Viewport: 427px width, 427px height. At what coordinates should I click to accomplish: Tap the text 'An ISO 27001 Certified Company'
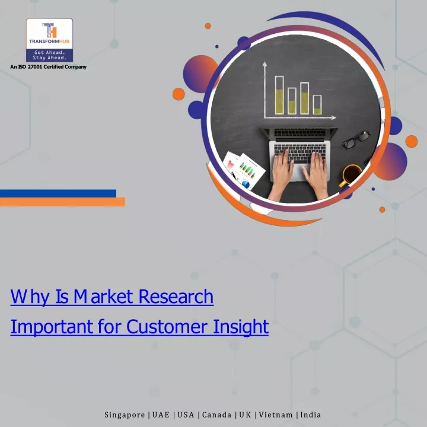click(48, 66)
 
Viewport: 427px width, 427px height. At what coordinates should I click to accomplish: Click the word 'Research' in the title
click(176, 297)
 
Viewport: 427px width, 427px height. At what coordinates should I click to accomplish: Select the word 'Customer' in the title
click(167, 326)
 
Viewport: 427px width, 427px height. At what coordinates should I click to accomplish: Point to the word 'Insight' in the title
click(241, 327)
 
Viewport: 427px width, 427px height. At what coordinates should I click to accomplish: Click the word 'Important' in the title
click(52, 327)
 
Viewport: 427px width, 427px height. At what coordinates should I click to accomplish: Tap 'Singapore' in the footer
click(125, 415)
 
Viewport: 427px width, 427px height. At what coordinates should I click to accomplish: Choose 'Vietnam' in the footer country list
click(276, 415)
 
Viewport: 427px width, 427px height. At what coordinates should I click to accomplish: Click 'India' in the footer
click(310, 415)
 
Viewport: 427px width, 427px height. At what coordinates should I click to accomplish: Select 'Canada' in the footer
click(216, 415)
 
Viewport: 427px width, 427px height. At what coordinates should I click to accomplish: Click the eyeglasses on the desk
click(356, 139)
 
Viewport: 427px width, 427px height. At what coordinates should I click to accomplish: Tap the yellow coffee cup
click(351, 175)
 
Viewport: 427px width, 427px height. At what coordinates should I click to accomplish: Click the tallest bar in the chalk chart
click(279, 95)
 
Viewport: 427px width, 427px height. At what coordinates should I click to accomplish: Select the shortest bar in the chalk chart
click(317, 105)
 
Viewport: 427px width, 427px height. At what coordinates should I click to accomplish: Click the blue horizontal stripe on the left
click(58, 193)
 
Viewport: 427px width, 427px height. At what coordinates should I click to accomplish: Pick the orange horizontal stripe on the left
click(62, 202)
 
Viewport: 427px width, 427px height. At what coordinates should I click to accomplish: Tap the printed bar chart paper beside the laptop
click(248, 171)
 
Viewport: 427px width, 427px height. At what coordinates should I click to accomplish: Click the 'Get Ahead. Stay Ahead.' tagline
click(49, 55)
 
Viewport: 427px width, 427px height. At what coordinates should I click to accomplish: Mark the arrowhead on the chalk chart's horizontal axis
click(333, 117)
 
